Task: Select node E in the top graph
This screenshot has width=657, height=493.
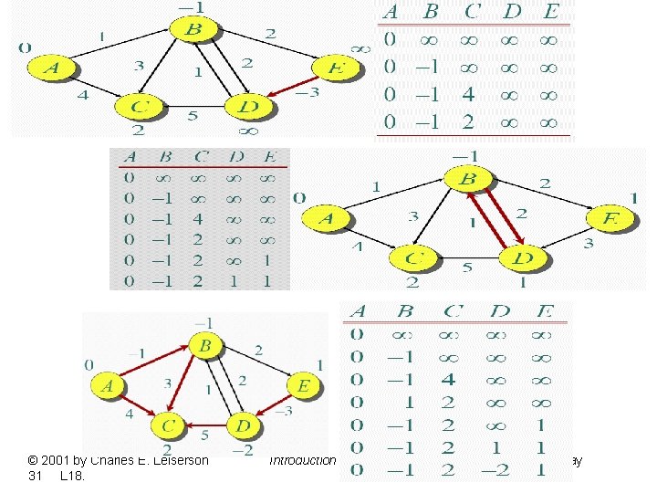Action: [x=336, y=68]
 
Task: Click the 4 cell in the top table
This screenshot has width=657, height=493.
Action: [x=468, y=94]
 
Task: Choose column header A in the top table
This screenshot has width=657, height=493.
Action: [x=390, y=13]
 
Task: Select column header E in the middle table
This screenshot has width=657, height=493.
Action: [x=266, y=157]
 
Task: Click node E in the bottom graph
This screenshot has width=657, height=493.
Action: [x=304, y=387]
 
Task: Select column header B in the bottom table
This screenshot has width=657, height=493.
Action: [x=405, y=311]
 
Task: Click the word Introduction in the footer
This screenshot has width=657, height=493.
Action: [x=303, y=461]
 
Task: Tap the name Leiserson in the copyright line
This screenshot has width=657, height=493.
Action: [x=174, y=461]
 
